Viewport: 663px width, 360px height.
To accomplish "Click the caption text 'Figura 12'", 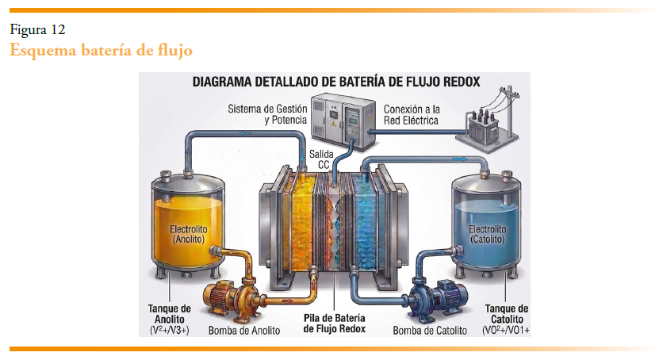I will pyautogui.click(x=37, y=30).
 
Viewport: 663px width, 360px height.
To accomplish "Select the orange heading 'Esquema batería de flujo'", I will pyautogui.click(x=101, y=50).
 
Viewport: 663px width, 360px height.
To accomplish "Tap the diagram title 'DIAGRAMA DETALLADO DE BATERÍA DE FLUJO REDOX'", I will pyautogui.click(x=335, y=81).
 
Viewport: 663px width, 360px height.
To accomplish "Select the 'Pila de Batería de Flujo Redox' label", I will pyautogui.click(x=335, y=324).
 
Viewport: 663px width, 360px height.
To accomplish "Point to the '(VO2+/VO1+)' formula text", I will pyautogui.click(x=505, y=329).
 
